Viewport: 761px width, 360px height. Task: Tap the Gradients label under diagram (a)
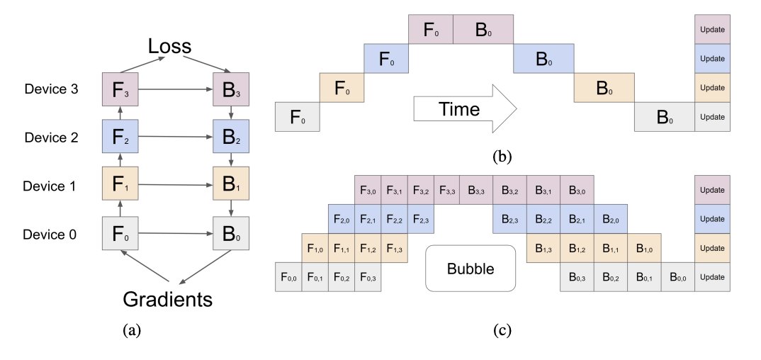click(168, 298)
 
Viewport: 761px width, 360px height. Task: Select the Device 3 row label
click(51, 91)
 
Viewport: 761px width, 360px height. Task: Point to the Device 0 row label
click(51, 235)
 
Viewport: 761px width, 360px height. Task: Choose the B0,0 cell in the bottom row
click(679, 276)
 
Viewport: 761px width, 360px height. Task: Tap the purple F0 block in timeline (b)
click(431, 30)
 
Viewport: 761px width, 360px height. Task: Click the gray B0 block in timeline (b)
click(665, 117)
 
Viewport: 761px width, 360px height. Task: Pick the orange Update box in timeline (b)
click(712, 87)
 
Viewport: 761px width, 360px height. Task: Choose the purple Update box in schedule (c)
click(712, 190)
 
